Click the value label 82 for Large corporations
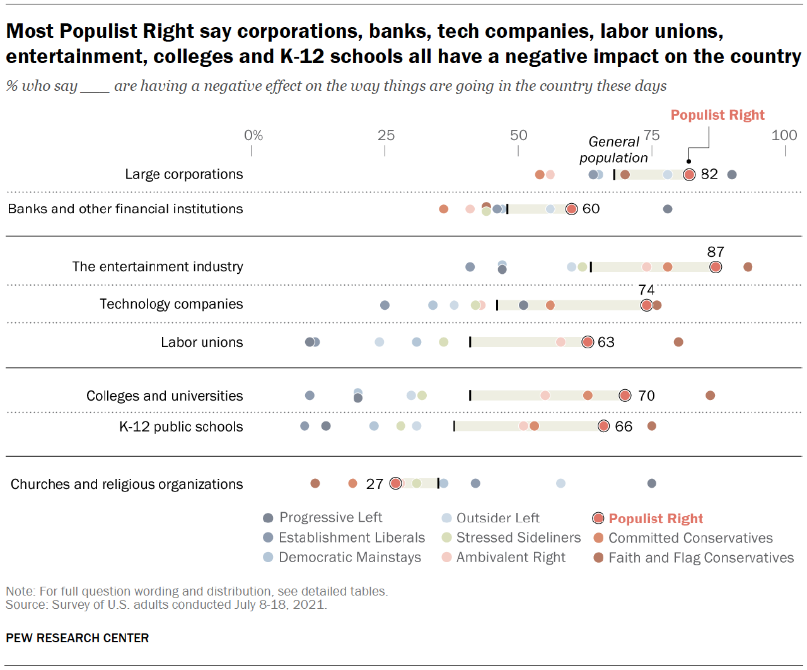pos(709,174)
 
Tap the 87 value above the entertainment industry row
pos(716,252)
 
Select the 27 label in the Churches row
pos(374,484)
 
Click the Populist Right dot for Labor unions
pos(588,342)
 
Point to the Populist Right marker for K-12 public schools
pos(603,426)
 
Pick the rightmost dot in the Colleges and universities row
pos(710,396)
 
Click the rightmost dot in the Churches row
pos(651,483)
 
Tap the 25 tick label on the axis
pos(386,135)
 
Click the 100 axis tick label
pos(784,135)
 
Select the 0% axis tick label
pos(253,135)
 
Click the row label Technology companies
pos(171,304)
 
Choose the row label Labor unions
pos(202,342)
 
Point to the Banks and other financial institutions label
pos(125,209)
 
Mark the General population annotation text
pos(613,150)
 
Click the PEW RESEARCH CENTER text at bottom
pos(78,638)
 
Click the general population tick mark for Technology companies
pos(497,305)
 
